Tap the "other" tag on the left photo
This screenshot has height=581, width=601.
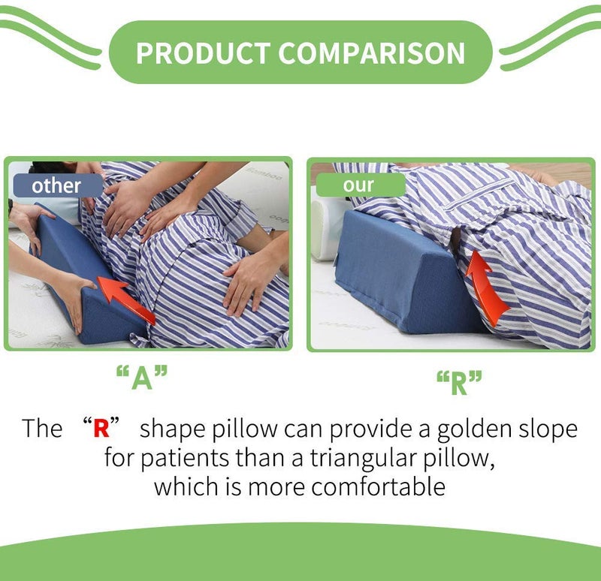(x=57, y=185)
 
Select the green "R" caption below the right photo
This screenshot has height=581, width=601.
(x=458, y=384)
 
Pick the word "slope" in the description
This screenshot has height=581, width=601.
(x=543, y=429)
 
